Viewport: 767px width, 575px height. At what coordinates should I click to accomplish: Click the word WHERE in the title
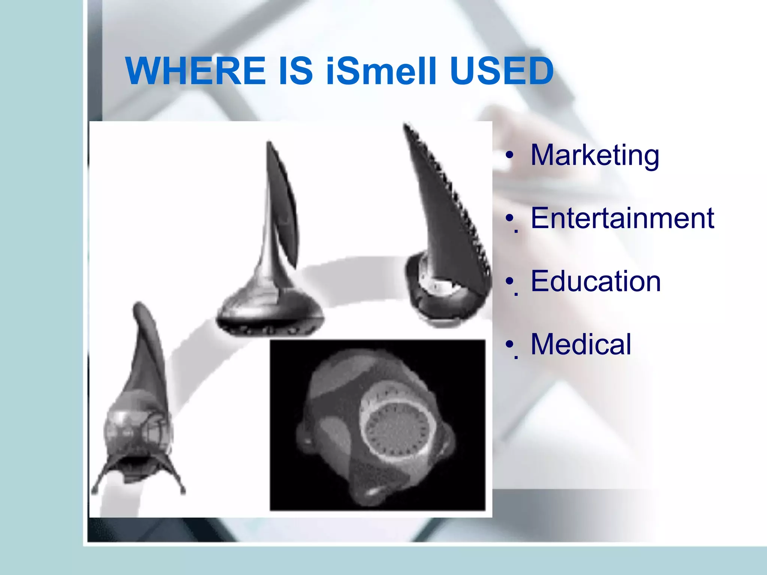click(x=196, y=71)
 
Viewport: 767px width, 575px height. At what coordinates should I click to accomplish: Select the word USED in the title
click(x=501, y=71)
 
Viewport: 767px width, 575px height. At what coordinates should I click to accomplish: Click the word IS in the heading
click(x=295, y=71)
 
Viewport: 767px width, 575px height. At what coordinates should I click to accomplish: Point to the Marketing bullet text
click(x=595, y=155)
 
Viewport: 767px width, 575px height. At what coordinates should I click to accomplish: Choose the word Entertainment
click(x=622, y=218)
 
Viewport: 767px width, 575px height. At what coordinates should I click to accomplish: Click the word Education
click(x=595, y=281)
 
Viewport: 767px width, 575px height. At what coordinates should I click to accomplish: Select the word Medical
click(x=580, y=344)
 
